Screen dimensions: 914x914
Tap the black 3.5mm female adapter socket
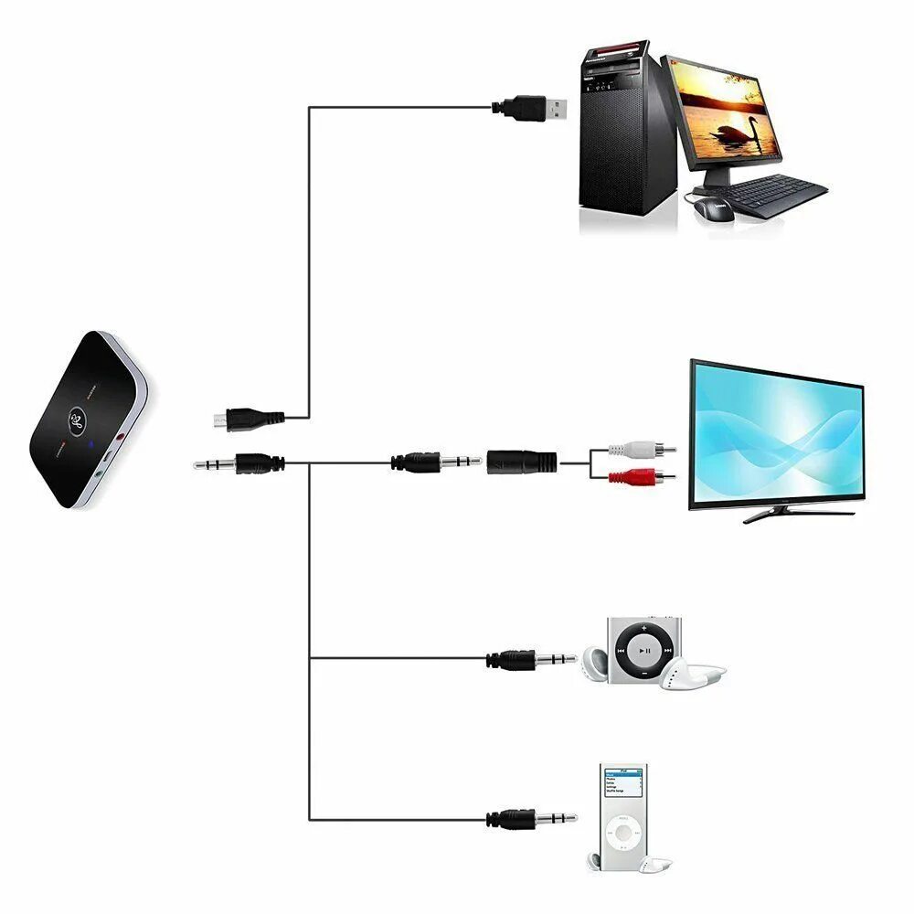522,462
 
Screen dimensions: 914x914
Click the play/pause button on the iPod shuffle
645,651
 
